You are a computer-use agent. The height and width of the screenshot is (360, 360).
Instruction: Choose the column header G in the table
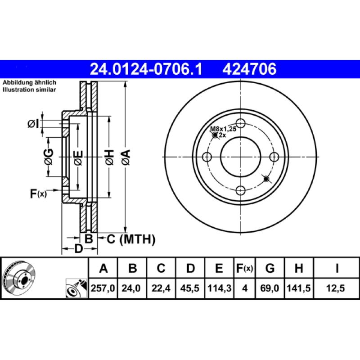tap(270, 269)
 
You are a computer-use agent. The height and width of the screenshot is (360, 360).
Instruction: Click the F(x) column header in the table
tap(245, 269)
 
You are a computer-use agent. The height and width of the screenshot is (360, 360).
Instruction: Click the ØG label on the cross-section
tap(48, 157)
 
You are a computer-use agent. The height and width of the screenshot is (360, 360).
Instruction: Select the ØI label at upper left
tap(34, 124)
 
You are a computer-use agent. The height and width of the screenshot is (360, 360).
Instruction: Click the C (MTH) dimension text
tap(130, 239)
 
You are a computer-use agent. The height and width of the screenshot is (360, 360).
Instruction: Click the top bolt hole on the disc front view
tap(241, 123)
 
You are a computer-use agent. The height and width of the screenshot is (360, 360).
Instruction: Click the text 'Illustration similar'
tap(29, 90)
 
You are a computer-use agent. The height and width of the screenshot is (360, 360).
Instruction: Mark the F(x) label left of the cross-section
tap(38, 194)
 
